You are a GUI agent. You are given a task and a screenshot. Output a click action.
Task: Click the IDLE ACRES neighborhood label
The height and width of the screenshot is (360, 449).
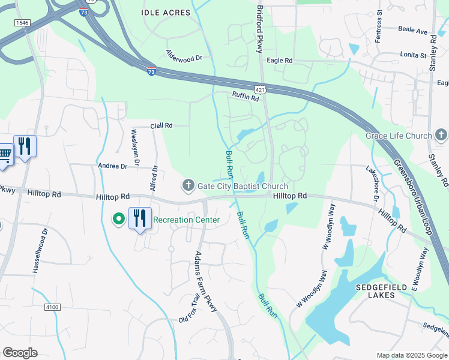click(166, 13)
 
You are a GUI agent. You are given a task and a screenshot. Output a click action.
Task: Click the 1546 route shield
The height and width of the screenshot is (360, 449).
click(22, 22)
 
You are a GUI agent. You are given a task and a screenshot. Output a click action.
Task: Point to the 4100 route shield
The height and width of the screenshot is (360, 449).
click(52, 307)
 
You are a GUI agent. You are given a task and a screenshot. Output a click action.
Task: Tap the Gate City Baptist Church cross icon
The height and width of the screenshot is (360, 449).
click(188, 185)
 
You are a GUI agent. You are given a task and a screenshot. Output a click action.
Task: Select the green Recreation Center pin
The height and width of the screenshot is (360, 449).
click(119, 220)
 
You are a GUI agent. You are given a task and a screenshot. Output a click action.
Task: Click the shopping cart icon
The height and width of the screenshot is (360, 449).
click(5, 152)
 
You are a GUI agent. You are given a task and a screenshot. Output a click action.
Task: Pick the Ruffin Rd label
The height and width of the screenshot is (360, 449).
click(246, 95)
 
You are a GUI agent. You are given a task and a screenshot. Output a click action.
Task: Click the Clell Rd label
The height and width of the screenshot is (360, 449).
click(161, 126)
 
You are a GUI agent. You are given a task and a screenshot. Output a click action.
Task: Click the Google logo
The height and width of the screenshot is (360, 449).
click(20, 352)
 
